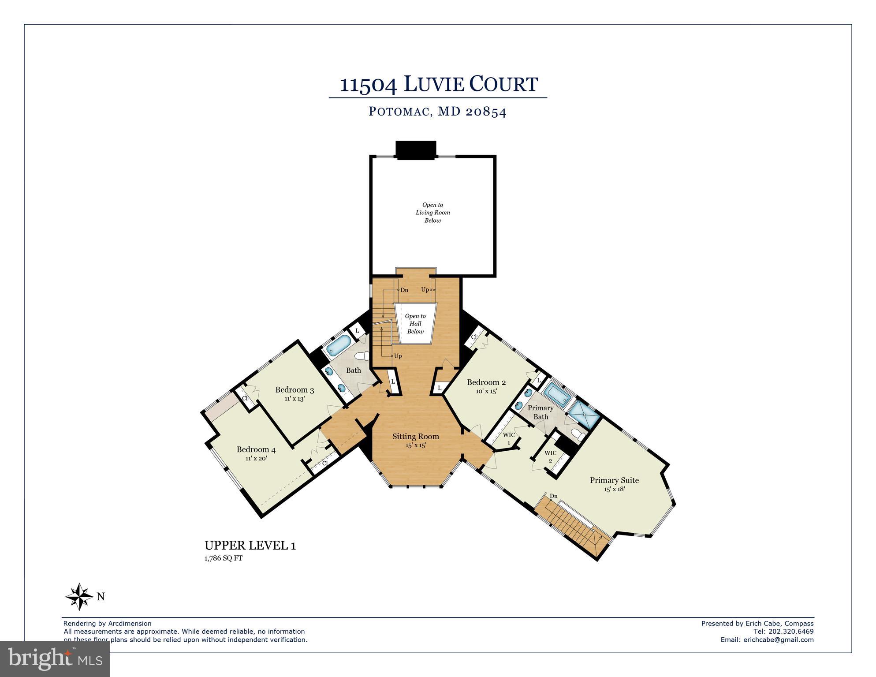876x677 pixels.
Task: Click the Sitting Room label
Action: (x=416, y=436)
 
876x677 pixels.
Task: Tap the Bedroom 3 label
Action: (x=294, y=389)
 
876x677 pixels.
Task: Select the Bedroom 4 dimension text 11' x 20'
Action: (x=256, y=458)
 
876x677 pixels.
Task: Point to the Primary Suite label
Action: (x=614, y=480)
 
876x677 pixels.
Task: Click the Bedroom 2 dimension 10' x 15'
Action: (x=486, y=391)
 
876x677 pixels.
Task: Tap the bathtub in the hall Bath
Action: (x=339, y=345)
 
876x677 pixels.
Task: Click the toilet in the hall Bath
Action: (x=362, y=355)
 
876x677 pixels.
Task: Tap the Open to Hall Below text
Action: (x=415, y=323)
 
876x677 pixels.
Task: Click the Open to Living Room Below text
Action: (x=432, y=213)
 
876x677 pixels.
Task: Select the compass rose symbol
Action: (x=79, y=596)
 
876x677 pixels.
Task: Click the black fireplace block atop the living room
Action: (x=415, y=150)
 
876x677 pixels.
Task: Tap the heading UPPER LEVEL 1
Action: (x=250, y=546)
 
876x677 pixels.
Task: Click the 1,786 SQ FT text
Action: (x=223, y=558)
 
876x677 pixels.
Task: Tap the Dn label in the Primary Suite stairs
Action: (x=554, y=496)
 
